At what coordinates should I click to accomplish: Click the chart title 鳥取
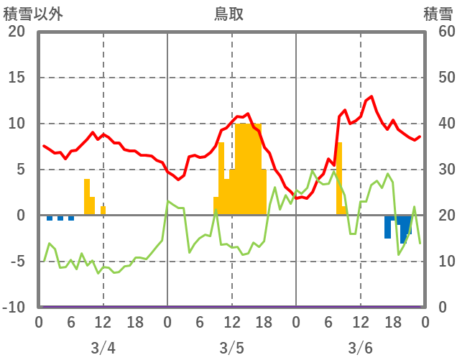[229, 14]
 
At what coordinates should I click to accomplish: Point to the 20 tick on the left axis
[16, 32]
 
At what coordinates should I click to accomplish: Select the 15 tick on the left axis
[16, 78]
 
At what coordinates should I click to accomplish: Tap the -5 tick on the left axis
[16, 262]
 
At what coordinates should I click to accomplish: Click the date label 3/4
[103, 348]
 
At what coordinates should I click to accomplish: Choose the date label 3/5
[231, 348]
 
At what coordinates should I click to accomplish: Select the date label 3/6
[360, 348]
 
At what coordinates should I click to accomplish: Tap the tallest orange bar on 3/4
[87, 196]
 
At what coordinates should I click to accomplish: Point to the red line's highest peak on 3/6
[371, 96]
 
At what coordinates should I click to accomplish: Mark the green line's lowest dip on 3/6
[399, 254]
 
